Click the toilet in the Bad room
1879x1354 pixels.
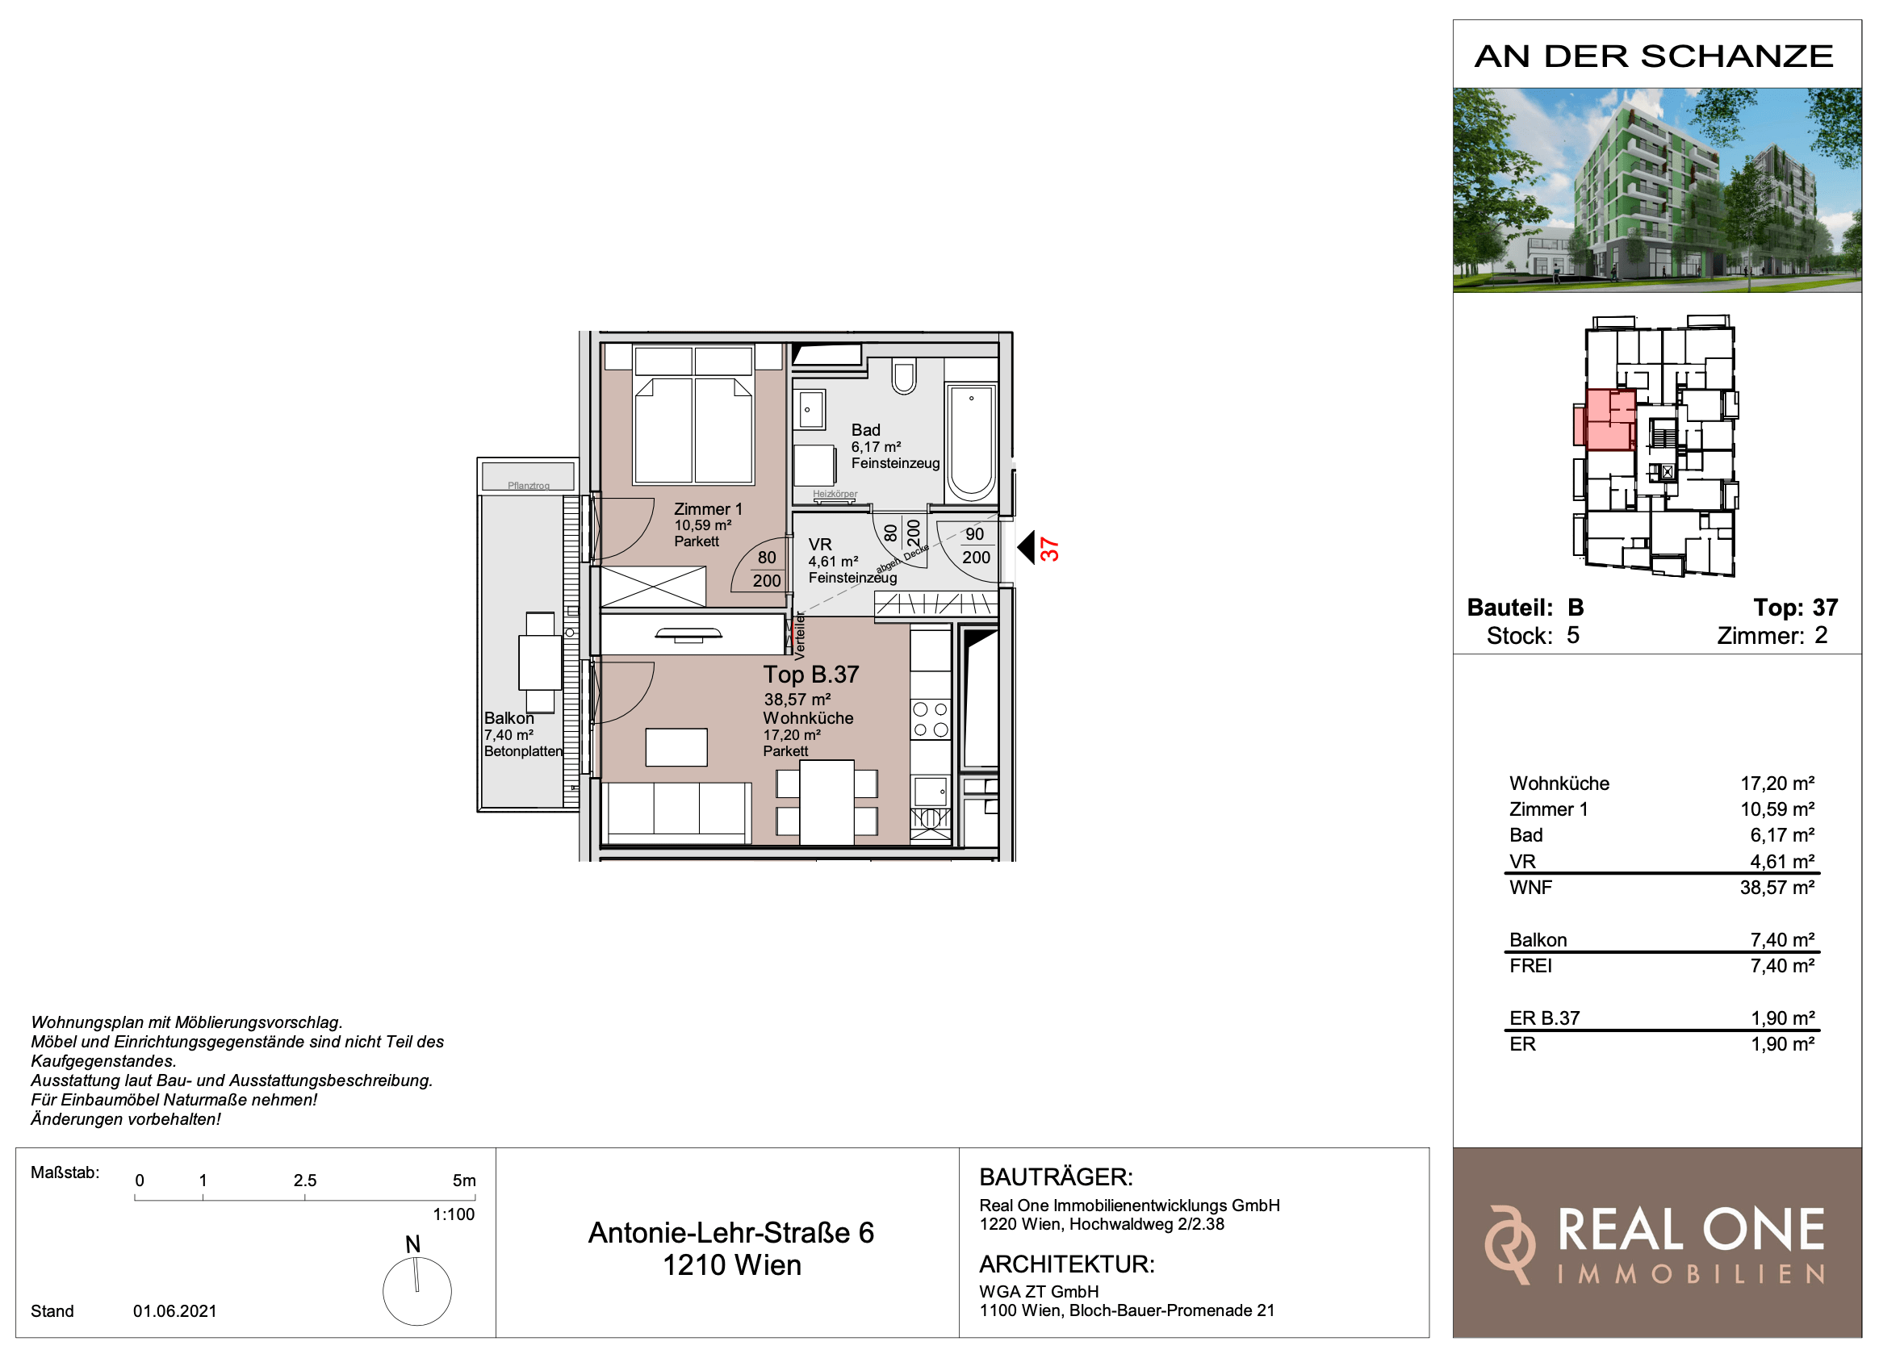(904, 377)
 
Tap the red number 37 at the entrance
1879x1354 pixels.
(1050, 549)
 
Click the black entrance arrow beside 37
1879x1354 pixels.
(1026, 547)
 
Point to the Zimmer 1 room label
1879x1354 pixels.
(708, 509)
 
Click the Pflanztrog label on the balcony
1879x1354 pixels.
(529, 485)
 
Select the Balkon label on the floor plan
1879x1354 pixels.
(508, 719)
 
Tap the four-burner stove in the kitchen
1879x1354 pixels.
(931, 719)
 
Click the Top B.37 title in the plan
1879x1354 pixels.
(811, 675)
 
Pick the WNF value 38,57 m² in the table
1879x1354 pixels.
(1777, 888)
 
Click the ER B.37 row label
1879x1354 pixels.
(1544, 1018)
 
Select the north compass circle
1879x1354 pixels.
(416, 1291)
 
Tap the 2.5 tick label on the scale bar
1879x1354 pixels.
(305, 1180)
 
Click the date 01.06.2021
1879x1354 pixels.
(175, 1311)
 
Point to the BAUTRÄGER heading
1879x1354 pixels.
(1056, 1176)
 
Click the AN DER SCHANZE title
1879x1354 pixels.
(1654, 56)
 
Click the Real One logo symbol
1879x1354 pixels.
(1509, 1244)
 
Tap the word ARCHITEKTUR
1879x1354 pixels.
(1066, 1264)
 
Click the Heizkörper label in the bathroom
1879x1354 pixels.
(835, 494)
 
